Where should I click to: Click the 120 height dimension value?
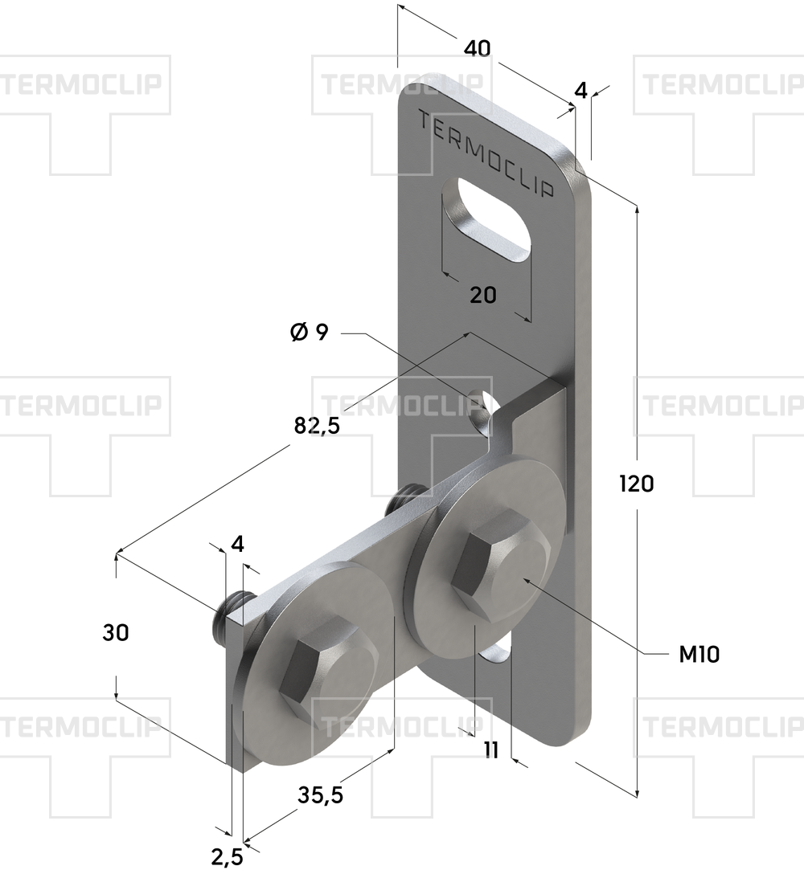coord(637,484)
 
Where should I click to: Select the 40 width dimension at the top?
coord(478,48)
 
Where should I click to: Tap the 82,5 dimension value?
coord(317,426)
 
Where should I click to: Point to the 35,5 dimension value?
coord(320,794)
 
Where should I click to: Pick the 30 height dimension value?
coord(116,633)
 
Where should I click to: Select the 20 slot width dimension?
coord(482,295)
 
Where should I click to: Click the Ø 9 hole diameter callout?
coord(310,333)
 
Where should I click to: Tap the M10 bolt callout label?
coord(699,655)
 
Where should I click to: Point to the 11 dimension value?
coord(491,750)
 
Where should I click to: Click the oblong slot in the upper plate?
coord(486,219)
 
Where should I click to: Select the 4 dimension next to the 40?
coord(581,90)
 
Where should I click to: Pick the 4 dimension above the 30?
coord(237,544)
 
